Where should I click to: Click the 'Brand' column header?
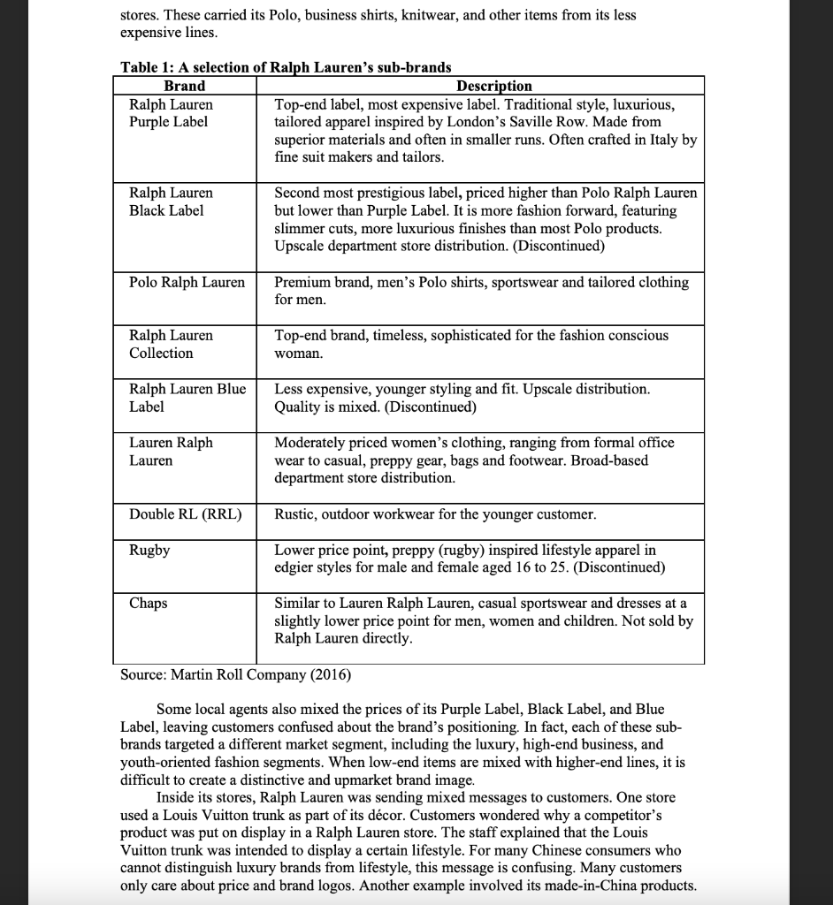(184, 86)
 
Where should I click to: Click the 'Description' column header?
(493, 86)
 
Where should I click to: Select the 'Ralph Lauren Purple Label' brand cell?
(171, 113)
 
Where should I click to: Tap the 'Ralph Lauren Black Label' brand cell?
(171, 202)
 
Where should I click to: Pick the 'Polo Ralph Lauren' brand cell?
(187, 282)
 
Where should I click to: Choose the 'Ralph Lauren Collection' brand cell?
(171, 344)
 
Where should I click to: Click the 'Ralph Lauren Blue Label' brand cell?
(187, 398)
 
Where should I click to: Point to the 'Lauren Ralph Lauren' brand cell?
(171, 451)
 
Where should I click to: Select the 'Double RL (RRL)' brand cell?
(186, 513)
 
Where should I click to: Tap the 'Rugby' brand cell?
(149, 550)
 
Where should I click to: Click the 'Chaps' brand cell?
(148, 603)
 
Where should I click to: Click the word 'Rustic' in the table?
(296, 513)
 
